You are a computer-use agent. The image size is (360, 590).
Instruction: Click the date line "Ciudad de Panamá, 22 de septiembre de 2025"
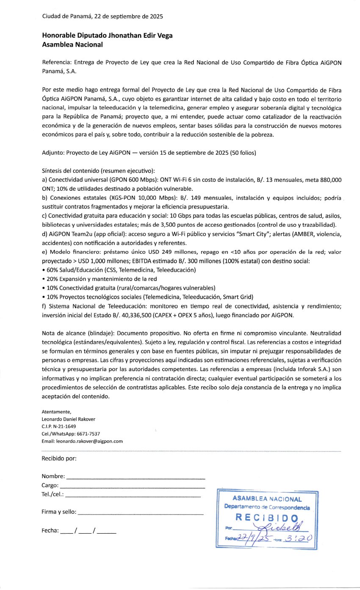(102, 17)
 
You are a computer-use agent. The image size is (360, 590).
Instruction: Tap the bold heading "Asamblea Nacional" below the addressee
(72, 44)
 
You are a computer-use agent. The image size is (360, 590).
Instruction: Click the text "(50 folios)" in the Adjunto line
(243, 152)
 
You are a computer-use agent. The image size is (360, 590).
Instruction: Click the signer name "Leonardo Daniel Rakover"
(68, 419)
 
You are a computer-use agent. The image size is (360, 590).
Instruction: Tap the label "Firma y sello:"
(59, 512)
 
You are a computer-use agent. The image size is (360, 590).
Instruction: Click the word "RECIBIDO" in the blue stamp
(266, 517)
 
